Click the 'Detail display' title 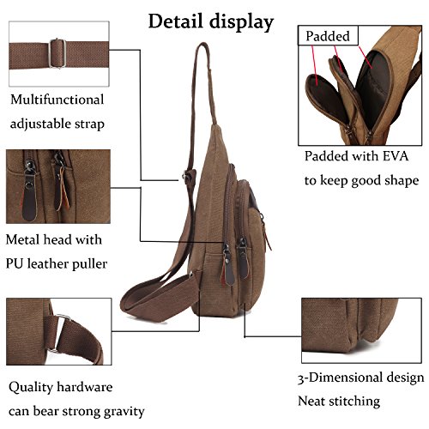(x=211, y=22)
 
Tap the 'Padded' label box (x=328, y=36)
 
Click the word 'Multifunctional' (x=57, y=100)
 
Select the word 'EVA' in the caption (x=396, y=156)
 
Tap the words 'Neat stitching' (x=339, y=402)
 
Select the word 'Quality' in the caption (x=31, y=388)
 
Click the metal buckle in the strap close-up (x=57, y=53)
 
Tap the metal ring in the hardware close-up (x=60, y=333)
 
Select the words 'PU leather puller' (x=57, y=264)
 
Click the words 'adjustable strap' (x=57, y=124)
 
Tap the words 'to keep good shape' (x=361, y=181)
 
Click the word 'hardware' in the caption (x=85, y=387)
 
